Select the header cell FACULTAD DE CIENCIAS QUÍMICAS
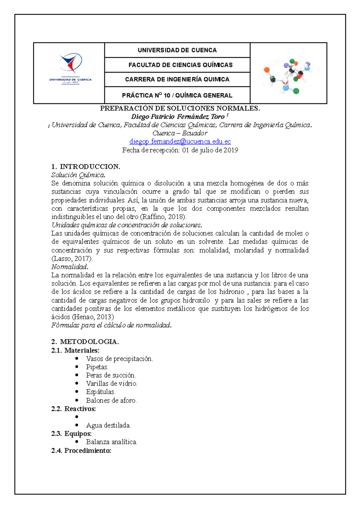tap(180, 65)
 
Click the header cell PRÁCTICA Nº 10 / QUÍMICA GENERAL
tap(177, 95)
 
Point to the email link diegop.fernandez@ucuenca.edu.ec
tap(180, 141)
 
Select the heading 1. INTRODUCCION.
tap(86, 167)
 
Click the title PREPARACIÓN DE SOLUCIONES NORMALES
tap(180, 108)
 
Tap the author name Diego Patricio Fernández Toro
tap(178, 117)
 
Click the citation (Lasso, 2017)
tap(72, 258)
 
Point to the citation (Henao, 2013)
tap(93, 317)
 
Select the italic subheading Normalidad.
tap(70, 267)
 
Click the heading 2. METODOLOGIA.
tap(85, 342)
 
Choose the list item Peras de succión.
tap(111, 375)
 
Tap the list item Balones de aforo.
tap(111, 400)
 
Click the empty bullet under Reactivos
tap(77, 417)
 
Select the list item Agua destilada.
tap(108, 425)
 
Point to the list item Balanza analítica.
tap(112, 442)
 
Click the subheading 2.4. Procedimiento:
tap(81, 451)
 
